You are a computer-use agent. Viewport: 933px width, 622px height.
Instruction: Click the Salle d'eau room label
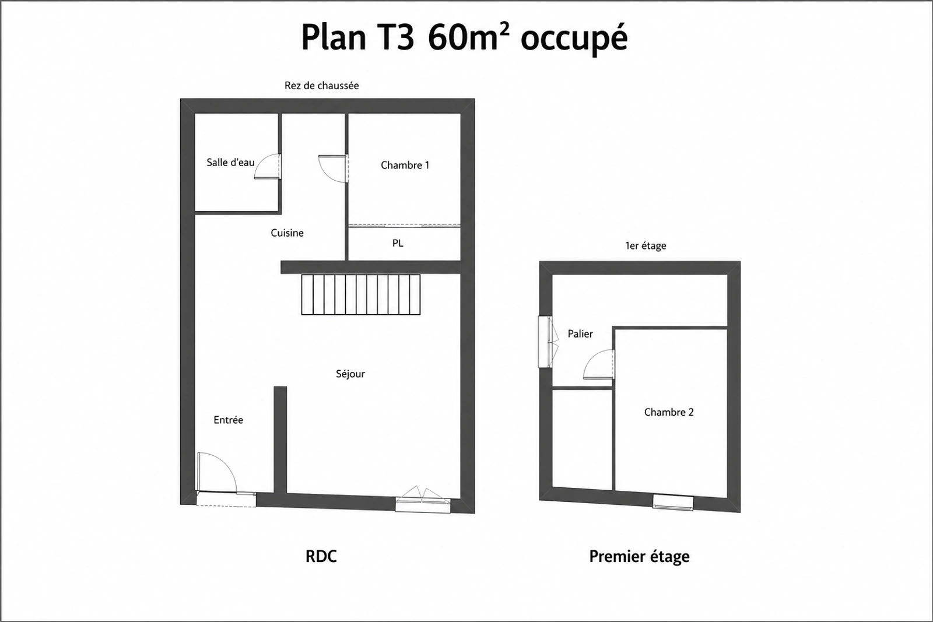pyautogui.click(x=230, y=163)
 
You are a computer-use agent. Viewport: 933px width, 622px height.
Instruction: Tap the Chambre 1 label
pyautogui.click(x=405, y=166)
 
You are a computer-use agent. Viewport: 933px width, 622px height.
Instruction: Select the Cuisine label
pyautogui.click(x=287, y=233)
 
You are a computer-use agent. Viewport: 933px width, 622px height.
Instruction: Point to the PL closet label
pyautogui.click(x=398, y=243)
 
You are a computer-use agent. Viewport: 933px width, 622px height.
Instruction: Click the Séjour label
pyautogui.click(x=350, y=374)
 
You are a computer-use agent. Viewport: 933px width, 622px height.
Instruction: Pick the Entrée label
pyautogui.click(x=228, y=420)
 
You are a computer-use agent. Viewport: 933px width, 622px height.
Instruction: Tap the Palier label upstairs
pyautogui.click(x=580, y=333)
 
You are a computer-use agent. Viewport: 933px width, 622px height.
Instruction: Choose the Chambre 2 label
pyautogui.click(x=669, y=412)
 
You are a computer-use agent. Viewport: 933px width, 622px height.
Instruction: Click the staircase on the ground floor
pyautogui.click(x=361, y=294)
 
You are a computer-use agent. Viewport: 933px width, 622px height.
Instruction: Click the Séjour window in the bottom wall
pyautogui.click(x=423, y=502)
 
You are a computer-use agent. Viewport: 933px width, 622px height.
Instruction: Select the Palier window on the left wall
pyautogui.click(x=547, y=342)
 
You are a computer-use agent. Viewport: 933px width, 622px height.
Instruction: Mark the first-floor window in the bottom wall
pyautogui.click(x=673, y=502)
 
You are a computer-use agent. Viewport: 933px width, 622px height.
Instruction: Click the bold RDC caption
pyautogui.click(x=321, y=556)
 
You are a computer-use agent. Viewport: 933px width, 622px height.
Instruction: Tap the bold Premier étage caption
pyautogui.click(x=639, y=557)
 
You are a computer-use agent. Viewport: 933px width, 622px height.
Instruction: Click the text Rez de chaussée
pyautogui.click(x=321, y=85)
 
